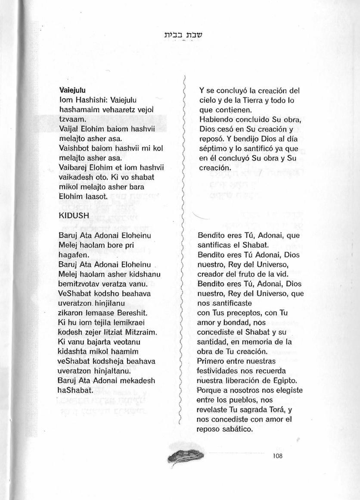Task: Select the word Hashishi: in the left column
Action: (89, 100)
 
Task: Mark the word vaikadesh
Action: (74, 177)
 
